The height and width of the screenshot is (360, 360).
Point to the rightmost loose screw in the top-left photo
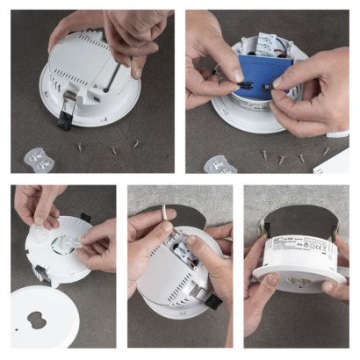137,142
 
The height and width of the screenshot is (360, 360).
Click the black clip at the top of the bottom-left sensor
85,217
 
